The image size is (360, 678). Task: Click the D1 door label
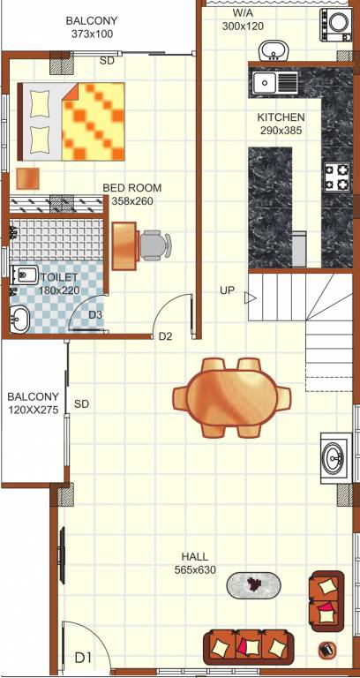tap(83, 657)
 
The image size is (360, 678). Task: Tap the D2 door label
tap(165, 335)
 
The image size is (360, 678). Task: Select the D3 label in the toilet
tap(96, 314)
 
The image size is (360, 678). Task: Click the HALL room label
tap(195, 557)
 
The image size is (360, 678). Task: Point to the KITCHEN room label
tap(281, 117)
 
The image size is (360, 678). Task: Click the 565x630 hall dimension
tap(195, 570)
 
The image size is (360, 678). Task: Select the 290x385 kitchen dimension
tap(281, 131)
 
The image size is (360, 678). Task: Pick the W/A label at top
tap(243, 14)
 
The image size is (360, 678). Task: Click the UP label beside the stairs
tap(228, 290)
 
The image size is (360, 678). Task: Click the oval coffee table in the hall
tap(254, 584)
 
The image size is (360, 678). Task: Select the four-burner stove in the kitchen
tap(337, 177)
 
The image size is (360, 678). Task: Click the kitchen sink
tap(274, 83)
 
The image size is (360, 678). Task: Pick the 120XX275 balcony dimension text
tap(34, 411)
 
